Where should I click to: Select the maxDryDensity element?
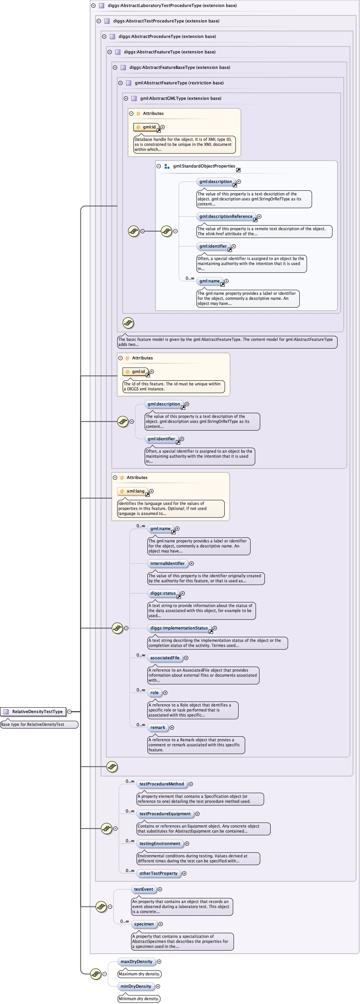point(136,961)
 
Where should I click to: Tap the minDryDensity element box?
point(136,987)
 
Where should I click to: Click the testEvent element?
point(143,889)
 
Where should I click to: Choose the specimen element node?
point(144,924)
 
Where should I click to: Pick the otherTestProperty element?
point(158,873)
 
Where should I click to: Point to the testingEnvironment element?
point(160,843)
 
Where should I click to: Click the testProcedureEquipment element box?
point(165,814)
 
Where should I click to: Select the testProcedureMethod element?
point(161,784)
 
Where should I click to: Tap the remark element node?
point(157,727)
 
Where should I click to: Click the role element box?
point(154,693)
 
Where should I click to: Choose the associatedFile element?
point(165,658)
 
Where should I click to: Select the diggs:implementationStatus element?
point(179,628)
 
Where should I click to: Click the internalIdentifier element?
point(167,564)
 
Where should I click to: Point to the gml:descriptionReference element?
point(225,216)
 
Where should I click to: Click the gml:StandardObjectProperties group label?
point(204,166)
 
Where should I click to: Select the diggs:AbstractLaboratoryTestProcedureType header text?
point(172,5)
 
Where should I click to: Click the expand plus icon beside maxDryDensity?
point(159,962)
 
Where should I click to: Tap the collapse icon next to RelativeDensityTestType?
point(69,712)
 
